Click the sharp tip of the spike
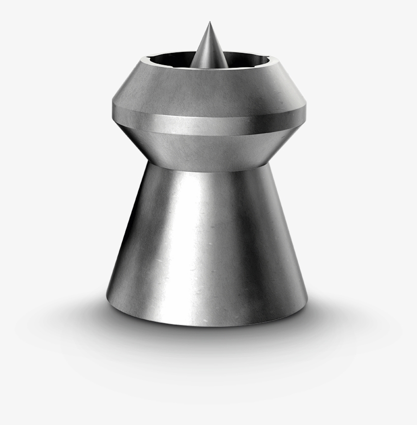click(x=208, y=23)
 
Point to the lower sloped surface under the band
click(x=208, y=148)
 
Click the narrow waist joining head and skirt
click(x=208, y=166)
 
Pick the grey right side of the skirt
click(x=275, y=254)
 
